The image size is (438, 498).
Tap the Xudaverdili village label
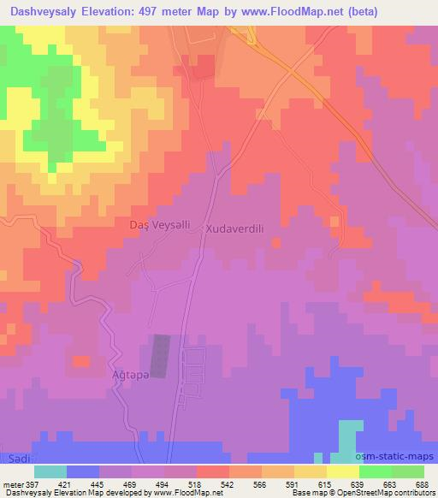[x=240, y=229]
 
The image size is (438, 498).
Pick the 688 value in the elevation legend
[x=421, y=483]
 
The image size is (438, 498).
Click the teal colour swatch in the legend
[x=50, y=471]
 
